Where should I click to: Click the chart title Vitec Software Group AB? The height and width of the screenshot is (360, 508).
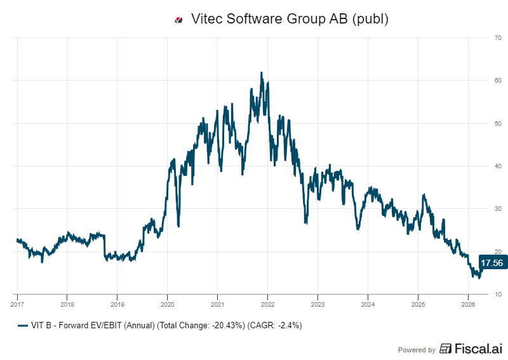[x=289, y=19]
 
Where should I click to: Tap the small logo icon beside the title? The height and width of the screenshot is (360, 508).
[x=178, y=20]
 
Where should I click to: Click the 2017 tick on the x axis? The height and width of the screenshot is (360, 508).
[x=17, y=303]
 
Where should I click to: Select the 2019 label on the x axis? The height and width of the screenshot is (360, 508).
[x=117, y=303]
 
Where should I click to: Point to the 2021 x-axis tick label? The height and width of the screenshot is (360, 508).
[x=217, y=303]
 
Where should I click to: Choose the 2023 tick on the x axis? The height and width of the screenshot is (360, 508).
[x=317, y=303]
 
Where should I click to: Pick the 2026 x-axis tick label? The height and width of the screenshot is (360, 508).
[x=468, y=303]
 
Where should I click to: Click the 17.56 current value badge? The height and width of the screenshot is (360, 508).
[x=491, y=263]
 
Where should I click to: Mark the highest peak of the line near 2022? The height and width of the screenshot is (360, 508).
[x=262, y=73]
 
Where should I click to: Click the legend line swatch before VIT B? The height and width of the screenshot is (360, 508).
[x=23, y=326]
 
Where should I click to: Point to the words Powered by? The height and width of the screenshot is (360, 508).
[x=417, y=349]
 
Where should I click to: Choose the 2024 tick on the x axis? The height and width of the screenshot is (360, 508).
[x=368, y=303]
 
